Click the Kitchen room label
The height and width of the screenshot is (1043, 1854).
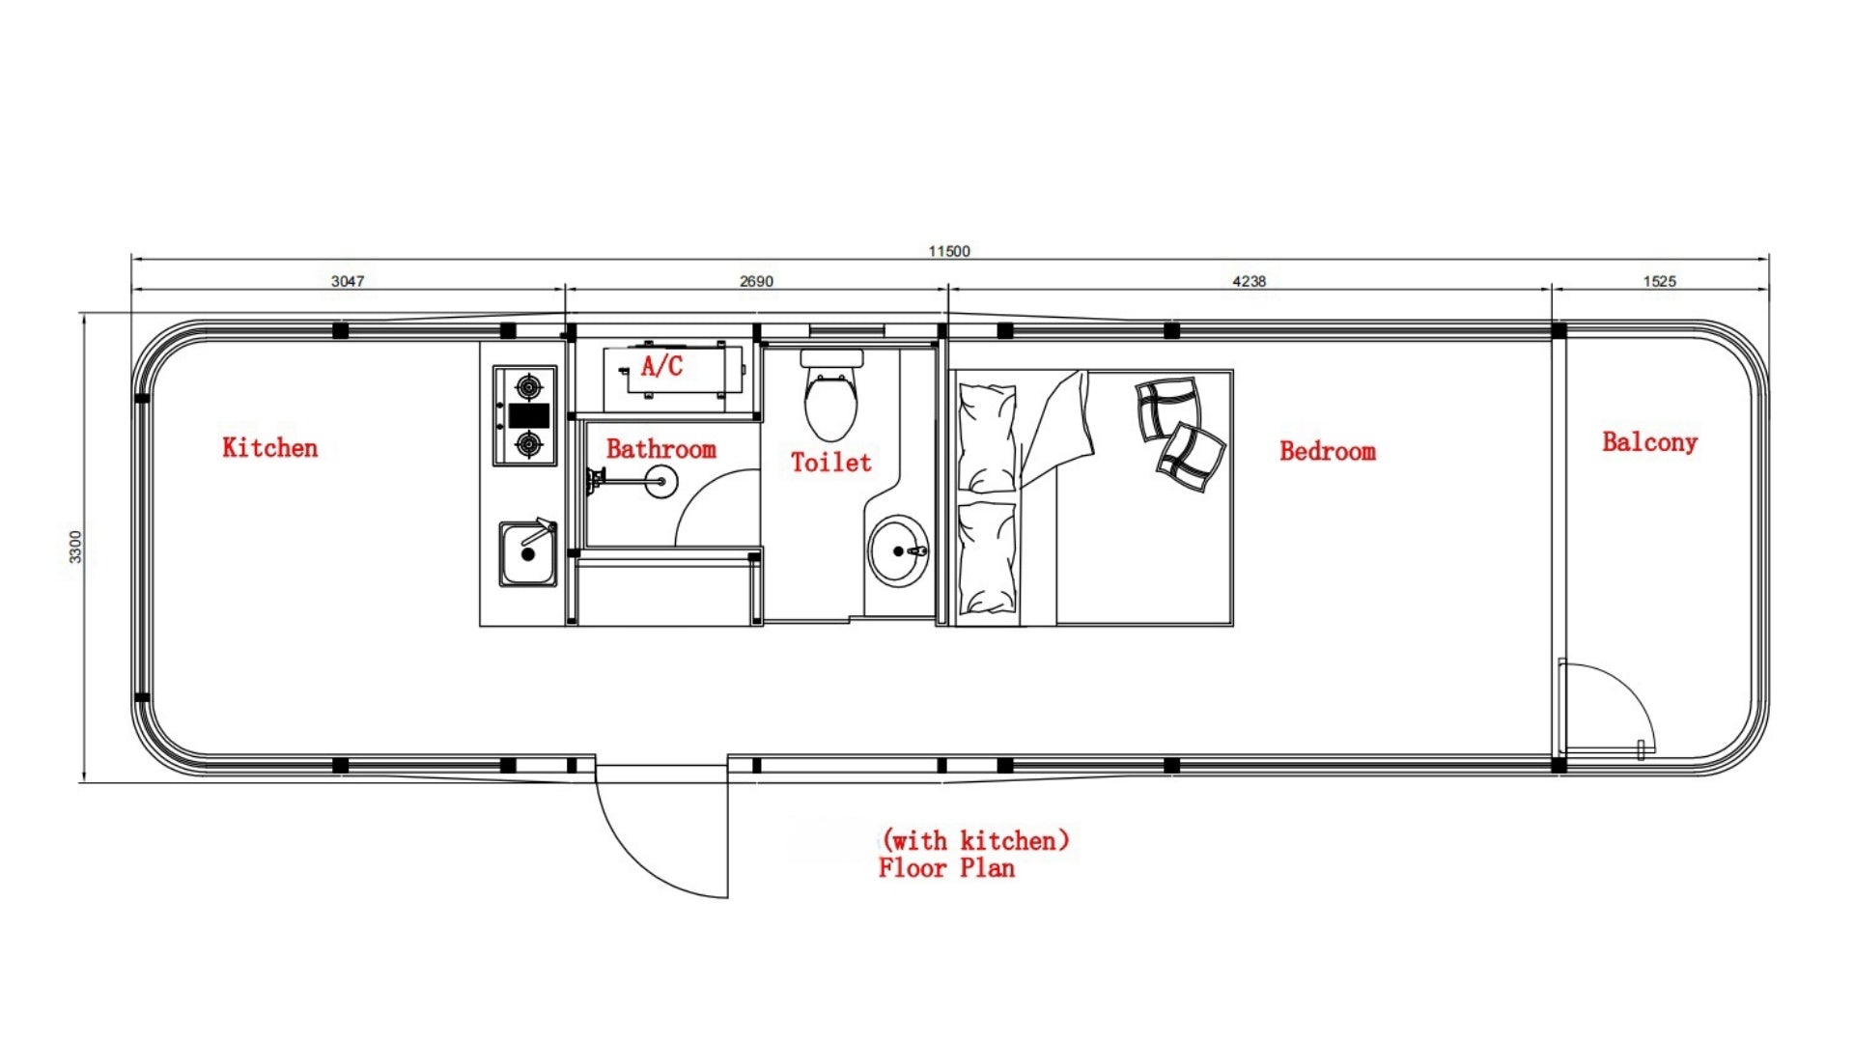tap(269, 447)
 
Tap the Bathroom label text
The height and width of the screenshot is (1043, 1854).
tap(661, 449)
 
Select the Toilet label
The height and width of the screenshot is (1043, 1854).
tap(830, 463)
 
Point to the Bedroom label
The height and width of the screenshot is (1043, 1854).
tap(1328, 451)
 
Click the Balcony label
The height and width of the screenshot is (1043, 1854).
tap(1649, 442)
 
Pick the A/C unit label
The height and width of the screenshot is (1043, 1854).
tap(661, 366)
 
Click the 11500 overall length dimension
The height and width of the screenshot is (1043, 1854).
tap(949, 251)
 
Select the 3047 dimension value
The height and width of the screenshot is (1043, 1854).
tap(348, 281)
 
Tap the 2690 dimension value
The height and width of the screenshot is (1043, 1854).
tap(756, 281)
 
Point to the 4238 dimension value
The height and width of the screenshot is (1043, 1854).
tap(1249, 281)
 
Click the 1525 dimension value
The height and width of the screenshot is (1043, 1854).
tap(1659, 281)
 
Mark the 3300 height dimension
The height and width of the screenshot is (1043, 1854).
tap(75, 547)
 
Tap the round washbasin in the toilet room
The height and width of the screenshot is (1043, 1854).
tap(898, 550)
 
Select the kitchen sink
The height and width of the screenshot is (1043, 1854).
tap(528, 553)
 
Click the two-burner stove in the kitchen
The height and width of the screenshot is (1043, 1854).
tap(525, 415)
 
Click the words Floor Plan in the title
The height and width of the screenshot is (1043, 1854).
tap(946, 868)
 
